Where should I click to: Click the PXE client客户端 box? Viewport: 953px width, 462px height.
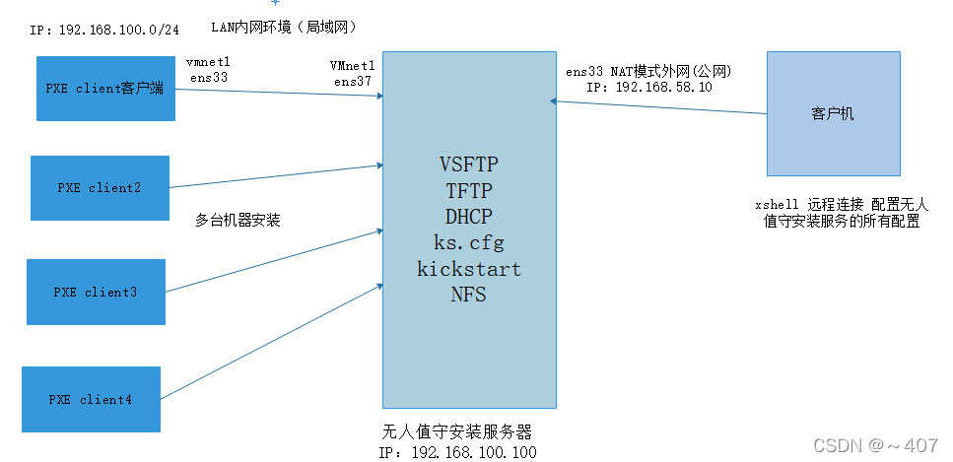coord(105,89)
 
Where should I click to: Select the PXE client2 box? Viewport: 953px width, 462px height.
coord(100,187)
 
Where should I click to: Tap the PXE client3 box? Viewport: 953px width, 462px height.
coord(96,292)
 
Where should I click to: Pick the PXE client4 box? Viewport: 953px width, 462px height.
coord(91,399)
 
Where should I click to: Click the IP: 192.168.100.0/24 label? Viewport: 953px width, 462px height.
coord(104,30)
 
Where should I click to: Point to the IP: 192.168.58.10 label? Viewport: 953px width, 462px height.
coord(648,87)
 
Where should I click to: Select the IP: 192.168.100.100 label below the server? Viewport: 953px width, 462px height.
coord(458,451)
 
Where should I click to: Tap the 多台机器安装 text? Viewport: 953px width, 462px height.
coord(238,221)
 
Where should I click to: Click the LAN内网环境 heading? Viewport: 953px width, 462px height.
coord(285,24)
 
